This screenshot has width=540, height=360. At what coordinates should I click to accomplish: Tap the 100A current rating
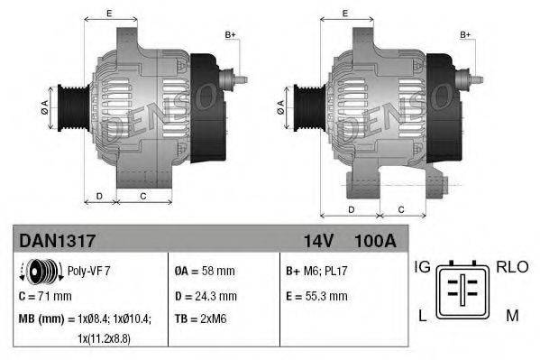[376, 241]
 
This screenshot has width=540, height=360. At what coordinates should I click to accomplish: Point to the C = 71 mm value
[46, 295]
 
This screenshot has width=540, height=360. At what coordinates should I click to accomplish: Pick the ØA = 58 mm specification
[205, 270]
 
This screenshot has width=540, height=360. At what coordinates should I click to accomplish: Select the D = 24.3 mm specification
[206, 295]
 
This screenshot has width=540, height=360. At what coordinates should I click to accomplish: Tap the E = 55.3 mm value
[317, 295]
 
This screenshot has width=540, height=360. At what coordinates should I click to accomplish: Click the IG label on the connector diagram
[422, 266]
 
